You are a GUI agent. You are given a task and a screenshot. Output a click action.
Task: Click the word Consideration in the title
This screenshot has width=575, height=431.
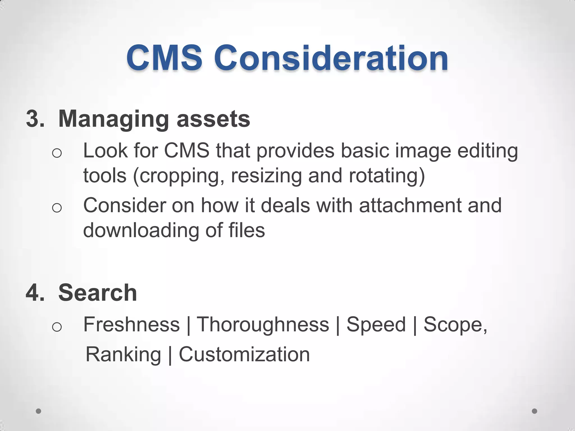[x=331, y=58]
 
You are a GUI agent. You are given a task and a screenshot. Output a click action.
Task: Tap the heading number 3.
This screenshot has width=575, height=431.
[x=35, y=119]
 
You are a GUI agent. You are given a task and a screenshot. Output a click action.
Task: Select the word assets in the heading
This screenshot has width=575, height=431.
[x=213, y=119]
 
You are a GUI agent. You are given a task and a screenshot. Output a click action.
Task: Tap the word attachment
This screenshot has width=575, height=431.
[x=410, y=205]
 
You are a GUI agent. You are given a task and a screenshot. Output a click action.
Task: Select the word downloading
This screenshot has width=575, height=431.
[x=141, y=230]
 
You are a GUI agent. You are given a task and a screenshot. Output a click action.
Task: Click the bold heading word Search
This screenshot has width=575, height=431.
[x=97, y=293]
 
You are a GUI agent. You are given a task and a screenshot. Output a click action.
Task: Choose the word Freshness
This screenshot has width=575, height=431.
[x=131, y=324]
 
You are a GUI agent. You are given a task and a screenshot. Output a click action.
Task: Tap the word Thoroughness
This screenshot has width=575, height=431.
[x=263, y=324]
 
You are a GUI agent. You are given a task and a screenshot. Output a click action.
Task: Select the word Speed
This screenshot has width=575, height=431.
[x=376, y=324]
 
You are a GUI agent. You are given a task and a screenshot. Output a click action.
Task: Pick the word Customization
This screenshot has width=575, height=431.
[x=244, y=354]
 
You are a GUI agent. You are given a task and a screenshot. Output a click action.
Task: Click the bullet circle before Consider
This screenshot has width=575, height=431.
[x=57, y=208]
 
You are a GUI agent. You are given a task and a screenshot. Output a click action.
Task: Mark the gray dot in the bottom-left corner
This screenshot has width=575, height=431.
[x=38, y=411]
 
